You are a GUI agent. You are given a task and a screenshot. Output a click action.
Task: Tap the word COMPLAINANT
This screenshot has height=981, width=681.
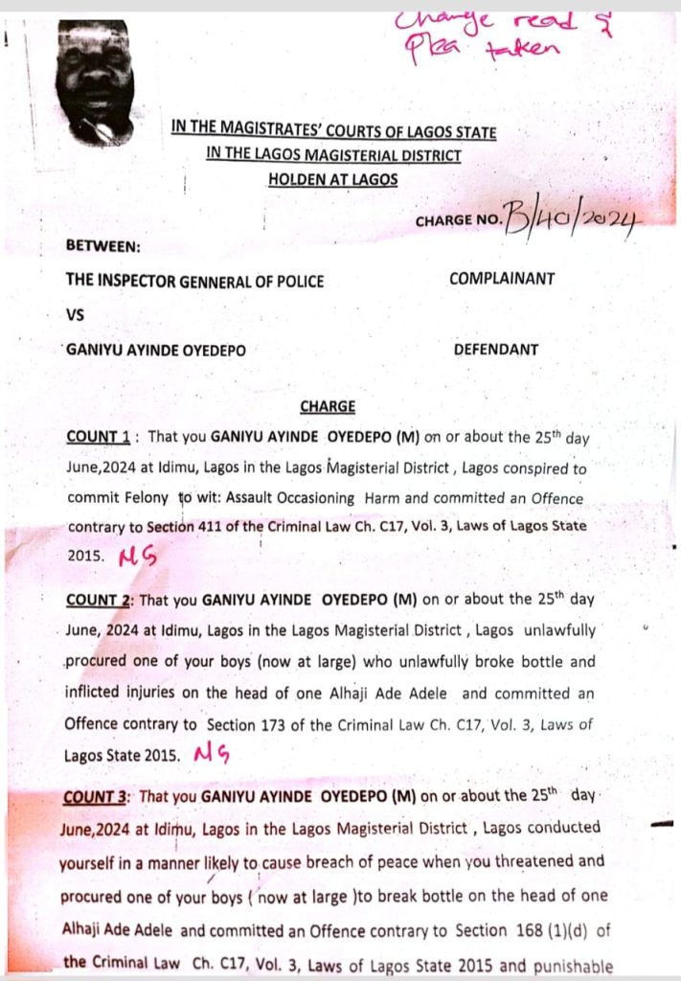coord(502,280)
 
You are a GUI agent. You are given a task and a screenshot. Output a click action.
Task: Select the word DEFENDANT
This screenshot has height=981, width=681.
coord(495,350)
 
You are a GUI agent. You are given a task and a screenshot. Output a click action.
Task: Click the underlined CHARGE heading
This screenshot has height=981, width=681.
coord(328,406)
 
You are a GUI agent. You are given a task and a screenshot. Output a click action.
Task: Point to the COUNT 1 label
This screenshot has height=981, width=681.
coord(99,437)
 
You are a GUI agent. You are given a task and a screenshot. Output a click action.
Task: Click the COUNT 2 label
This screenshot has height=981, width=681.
coord(99,601)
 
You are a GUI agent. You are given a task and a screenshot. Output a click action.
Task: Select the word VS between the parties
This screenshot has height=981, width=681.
coord(76,313)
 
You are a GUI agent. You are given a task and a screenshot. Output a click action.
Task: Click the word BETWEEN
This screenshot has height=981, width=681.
coord(102,245)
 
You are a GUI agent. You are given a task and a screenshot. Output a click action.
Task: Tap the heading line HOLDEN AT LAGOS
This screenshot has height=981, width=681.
coord(332,179)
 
